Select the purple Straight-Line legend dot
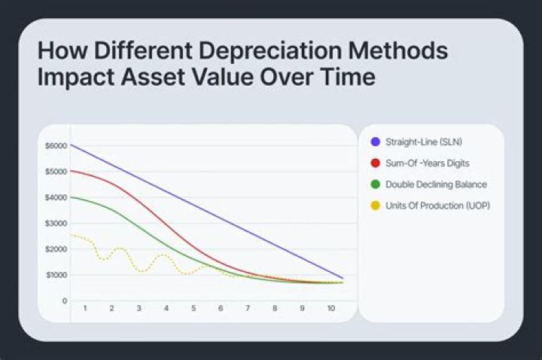(x=374, y=142)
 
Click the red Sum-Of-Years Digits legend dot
(x=374, y=163)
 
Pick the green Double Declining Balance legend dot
(x=374, y=184)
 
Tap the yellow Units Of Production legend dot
(x=374, y=205)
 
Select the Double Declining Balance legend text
(x=436, y=184)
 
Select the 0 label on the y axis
(x=65, y=301)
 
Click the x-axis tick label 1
(x=84, y=309)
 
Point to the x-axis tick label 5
(x=193, y=309)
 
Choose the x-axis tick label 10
(x=330, y=309)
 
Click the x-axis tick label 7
(x=248, y=309)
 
